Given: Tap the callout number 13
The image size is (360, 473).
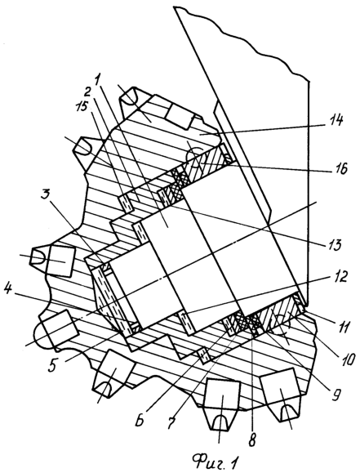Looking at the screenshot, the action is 332,244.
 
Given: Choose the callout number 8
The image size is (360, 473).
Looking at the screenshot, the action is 252,440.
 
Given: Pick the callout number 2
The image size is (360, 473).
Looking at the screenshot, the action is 87,91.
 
